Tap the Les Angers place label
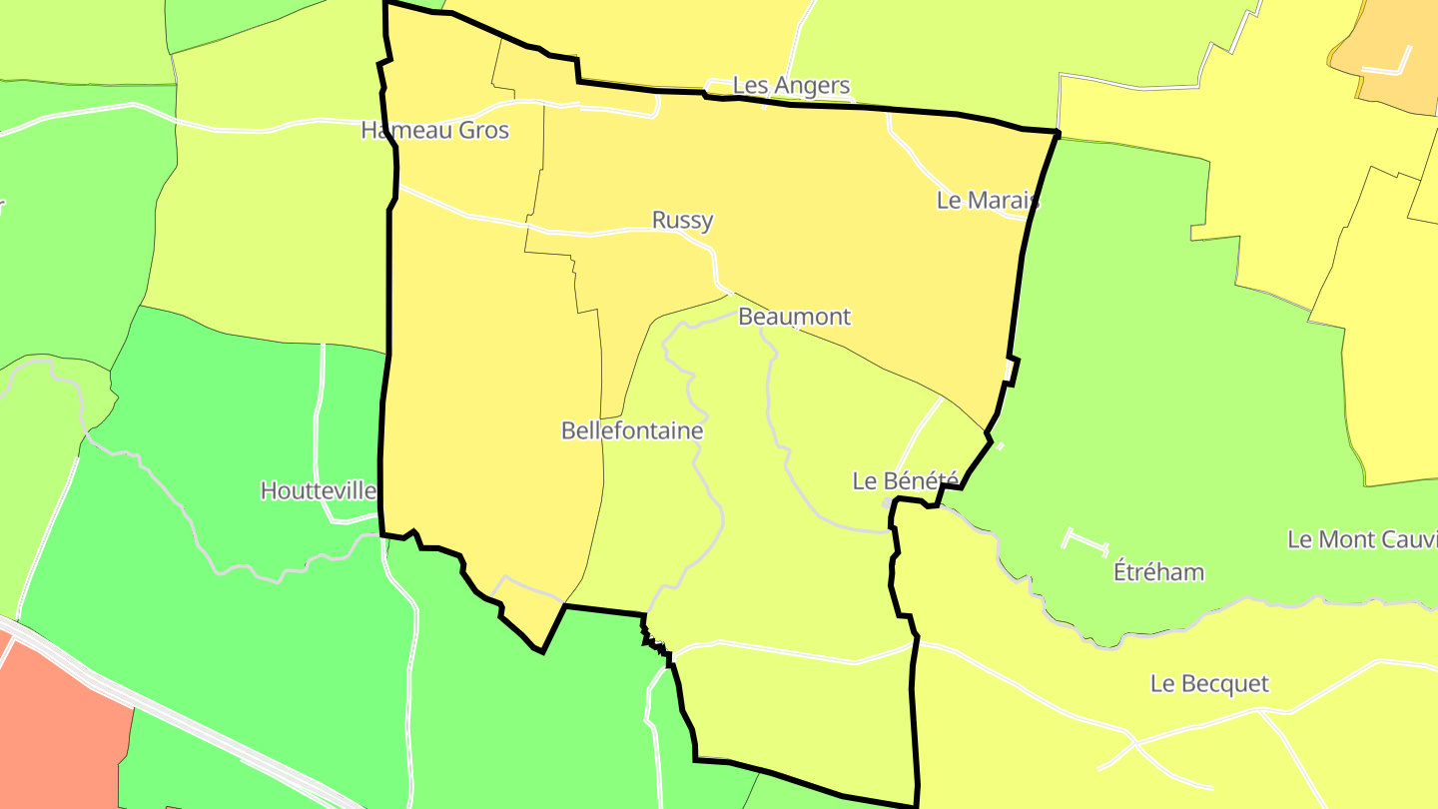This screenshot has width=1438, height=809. click(791, 86)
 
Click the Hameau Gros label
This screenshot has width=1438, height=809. click(434, 131)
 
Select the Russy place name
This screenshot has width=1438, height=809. click(682, 220)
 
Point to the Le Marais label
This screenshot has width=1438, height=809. click(987, 200)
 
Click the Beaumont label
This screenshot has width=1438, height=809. click(794, 317)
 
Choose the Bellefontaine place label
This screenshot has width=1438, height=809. click(632, 430)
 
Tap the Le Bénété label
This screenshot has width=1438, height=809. click(904, 480)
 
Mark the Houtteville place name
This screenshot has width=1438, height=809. click(318, 490)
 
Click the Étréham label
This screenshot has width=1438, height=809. click(1158, 572)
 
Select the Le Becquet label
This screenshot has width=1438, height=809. click(1209, 684)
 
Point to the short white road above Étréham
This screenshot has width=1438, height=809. click(1086, 542)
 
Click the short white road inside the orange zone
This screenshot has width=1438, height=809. click(1388, 69)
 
